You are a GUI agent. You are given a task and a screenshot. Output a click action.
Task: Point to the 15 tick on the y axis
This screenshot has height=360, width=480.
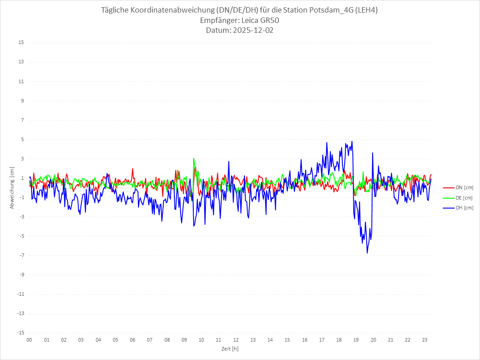pos(21,43)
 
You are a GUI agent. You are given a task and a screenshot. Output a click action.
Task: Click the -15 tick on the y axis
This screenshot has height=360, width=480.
pos(20,333)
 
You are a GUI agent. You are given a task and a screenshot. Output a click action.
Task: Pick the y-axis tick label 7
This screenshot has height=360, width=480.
pos(22,120)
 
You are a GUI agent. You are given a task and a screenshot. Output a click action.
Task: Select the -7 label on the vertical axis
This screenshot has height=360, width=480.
pos(21,255)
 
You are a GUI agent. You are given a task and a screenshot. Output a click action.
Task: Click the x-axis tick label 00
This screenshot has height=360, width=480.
pos(29,340)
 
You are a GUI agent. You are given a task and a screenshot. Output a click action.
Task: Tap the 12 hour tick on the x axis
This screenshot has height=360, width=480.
pos(236,340)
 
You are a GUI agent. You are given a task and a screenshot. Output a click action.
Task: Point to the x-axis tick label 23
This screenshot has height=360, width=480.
pos(425,340)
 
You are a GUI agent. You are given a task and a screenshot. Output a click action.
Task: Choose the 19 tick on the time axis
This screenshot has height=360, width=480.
pos(356,340)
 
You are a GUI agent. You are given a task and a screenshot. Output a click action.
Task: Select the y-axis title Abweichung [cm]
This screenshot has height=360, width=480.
pos(12,187)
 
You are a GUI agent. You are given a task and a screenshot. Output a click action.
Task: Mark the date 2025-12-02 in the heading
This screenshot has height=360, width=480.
pos(252,31)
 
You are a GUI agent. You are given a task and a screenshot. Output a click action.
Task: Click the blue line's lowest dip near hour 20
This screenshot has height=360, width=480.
pos(367,253)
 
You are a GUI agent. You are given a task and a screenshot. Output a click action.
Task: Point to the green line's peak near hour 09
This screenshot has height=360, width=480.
pos(194,158)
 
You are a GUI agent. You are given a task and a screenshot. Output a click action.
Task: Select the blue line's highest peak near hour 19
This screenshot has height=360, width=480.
pos(352,141)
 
